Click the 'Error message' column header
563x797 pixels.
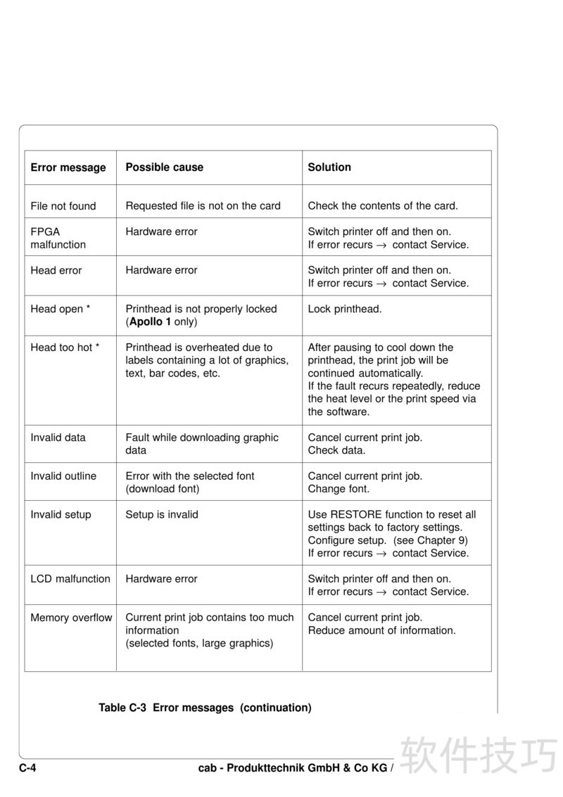(68, 167)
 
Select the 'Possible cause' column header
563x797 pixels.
(164, 167)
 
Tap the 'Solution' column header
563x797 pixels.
(329, 167)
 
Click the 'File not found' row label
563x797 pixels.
(63, 206)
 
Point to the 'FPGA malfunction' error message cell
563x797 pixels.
(58, 238)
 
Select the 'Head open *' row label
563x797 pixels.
(61, 309)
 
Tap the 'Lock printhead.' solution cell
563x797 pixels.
(345, 309)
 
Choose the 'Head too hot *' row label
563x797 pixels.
(65, 348)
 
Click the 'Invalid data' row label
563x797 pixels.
(58, 438)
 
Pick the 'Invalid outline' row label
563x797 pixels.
(63, 476)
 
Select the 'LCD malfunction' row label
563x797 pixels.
(70, 579)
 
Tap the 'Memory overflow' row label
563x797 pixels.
(71, 618)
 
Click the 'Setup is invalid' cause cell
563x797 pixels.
(162, 515)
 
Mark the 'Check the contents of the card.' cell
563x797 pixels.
(383, 206)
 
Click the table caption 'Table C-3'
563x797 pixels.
(122, 708)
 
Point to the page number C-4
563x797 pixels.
(27, 768)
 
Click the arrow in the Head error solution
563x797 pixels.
(382, 283)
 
